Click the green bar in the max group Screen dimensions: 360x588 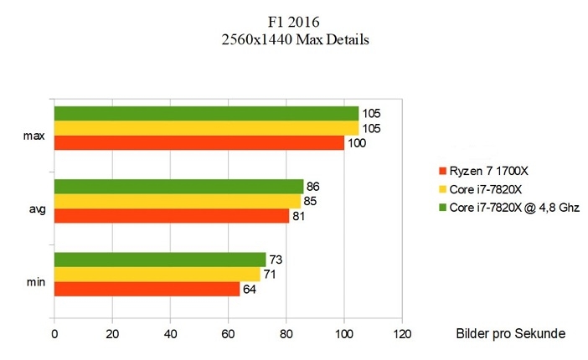[x=206, y=113]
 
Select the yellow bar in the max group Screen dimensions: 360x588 [x=206, y=128]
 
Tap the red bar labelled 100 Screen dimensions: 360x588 [x=199, y=143]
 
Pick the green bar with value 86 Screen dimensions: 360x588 [x=178, y=186]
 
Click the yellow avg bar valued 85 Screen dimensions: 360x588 [x=177, y=201]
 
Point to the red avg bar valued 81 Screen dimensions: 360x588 [x=171, y=216]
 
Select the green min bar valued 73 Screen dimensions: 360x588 [x=159, y=260]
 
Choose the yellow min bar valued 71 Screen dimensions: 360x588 [x=157, y=275]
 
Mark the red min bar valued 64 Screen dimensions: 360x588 [x=147, y=290]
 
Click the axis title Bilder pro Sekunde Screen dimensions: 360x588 [x=511, y=334]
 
